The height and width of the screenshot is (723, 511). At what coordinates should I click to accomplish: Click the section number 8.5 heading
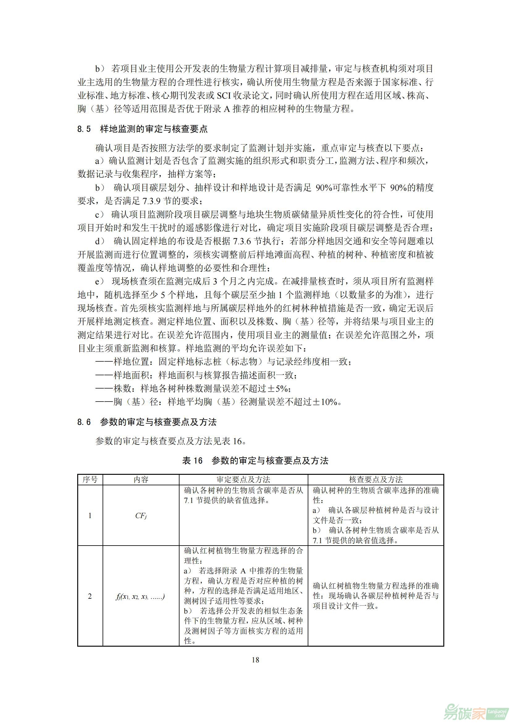84,129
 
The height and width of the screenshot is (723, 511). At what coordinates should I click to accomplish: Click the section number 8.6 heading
84,422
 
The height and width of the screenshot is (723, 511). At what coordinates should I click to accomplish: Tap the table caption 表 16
192,461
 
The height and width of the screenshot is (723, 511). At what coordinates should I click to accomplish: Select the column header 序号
90,480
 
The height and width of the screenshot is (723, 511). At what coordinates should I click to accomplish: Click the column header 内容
141,480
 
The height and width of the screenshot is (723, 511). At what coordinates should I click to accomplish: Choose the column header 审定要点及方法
243,480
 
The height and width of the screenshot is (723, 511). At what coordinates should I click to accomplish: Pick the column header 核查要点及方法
376,480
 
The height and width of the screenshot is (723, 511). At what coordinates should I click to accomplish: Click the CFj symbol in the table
141,516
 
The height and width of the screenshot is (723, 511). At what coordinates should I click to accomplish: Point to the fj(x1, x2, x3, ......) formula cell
140,596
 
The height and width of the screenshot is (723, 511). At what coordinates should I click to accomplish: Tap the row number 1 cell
90,516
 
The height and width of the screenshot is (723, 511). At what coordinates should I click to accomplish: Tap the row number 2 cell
90,596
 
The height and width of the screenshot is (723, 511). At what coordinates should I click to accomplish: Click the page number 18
255,660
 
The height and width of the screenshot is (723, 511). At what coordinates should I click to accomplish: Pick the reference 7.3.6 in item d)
242,241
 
